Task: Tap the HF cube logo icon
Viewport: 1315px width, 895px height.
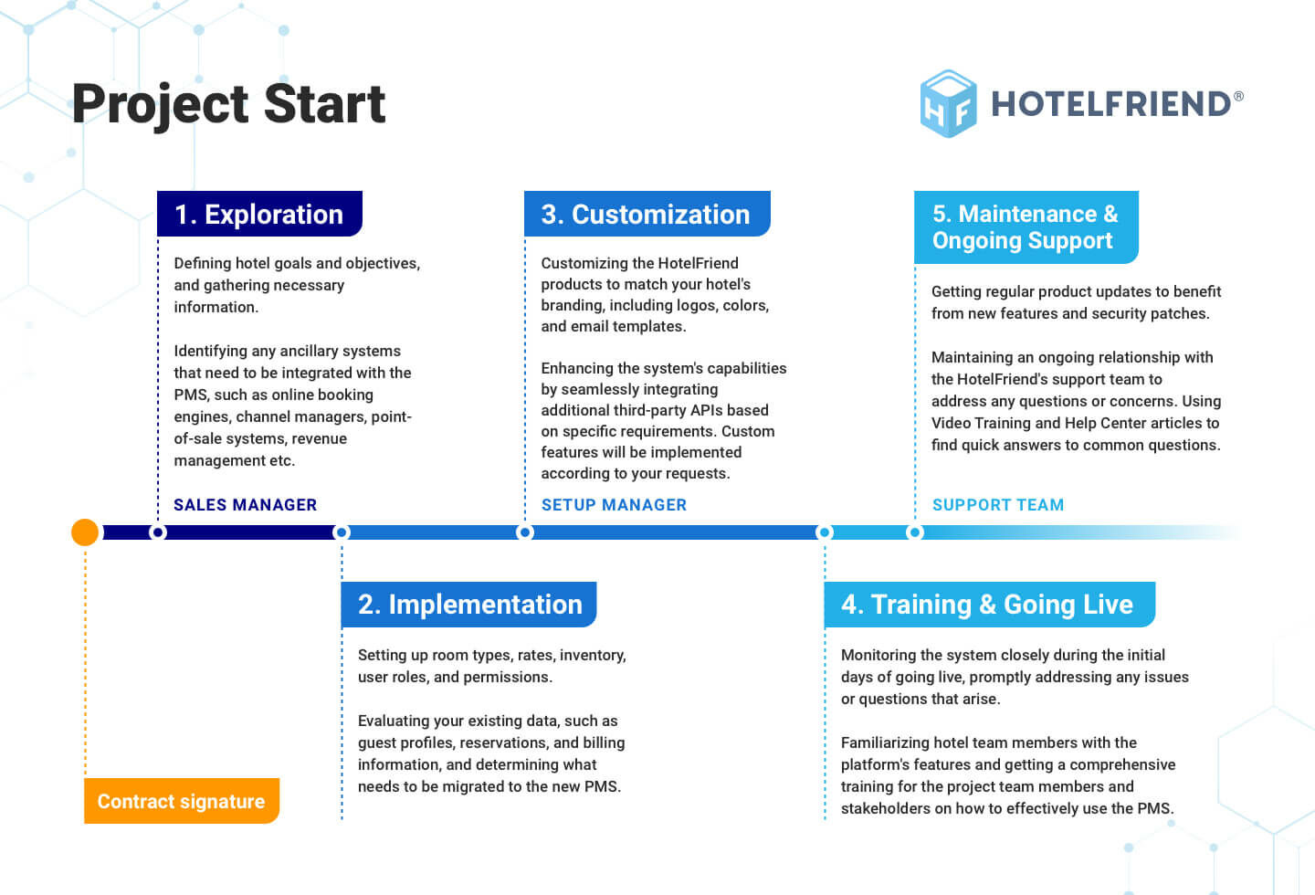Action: [x=948, y=104]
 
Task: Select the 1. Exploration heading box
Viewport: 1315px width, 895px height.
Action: [x=259, y=214]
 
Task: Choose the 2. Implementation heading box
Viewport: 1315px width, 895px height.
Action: [x=469, y=605]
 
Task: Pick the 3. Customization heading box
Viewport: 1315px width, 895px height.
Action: [x=647, y=214]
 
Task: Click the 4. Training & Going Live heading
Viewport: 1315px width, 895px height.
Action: [x=990, y=605]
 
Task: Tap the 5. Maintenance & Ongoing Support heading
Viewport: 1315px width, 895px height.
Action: [x=1026, y=227]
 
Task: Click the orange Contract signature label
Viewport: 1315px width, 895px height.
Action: [x=182, y=801]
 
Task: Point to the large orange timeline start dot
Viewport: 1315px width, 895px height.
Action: [x=85, y=532]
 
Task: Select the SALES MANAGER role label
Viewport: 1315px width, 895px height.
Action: [x=246, y=505]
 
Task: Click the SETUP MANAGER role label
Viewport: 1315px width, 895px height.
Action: [x=614, y=505]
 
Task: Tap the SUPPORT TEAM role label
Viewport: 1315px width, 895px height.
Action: [x=998, y=505]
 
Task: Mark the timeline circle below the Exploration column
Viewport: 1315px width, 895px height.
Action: [x=157, y=532]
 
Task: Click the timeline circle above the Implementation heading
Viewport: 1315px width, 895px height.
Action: [x=342, y=532]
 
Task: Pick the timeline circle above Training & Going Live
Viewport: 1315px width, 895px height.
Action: [x=825, y=532]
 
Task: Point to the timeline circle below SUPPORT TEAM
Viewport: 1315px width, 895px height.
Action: [x=915, y=532]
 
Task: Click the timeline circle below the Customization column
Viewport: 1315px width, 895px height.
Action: [x=525, y=532]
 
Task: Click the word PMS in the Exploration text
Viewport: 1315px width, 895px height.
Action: [x=191, y=395]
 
